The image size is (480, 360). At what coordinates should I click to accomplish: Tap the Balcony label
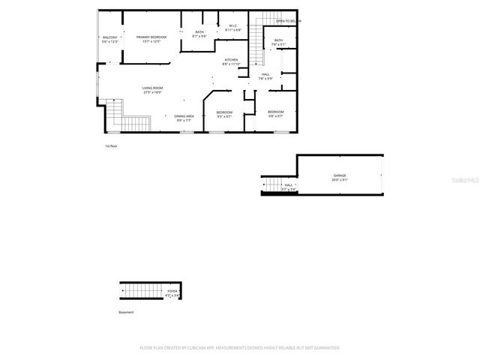(x=109, y=37)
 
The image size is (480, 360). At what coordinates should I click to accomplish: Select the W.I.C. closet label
(x=233, y=25)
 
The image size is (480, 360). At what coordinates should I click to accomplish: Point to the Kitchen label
(x=231, y=59)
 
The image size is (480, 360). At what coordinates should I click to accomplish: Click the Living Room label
(x=153, y=88)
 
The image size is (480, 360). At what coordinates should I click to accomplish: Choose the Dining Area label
(x=184, y=115)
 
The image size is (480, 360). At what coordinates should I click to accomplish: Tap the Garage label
(x=340, y=175)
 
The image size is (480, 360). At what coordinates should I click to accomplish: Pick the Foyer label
(x=172, y=290)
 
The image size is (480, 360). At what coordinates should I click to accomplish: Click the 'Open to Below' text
(x=288, y=21)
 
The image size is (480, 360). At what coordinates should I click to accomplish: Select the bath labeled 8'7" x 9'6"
(x=199, y=32)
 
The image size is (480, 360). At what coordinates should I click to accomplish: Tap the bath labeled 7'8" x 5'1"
(x=278, y=40)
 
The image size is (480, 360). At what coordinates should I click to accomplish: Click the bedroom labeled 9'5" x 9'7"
(x=224, y=112)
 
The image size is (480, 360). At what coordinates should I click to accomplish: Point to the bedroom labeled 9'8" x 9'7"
(x=275, y=112)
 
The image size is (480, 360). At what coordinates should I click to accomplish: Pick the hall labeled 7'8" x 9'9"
(x=265, y=74)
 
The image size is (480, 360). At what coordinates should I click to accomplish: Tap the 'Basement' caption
(x=126, y=312)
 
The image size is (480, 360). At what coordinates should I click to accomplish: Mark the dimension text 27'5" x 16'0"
(x=153, y=93)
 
